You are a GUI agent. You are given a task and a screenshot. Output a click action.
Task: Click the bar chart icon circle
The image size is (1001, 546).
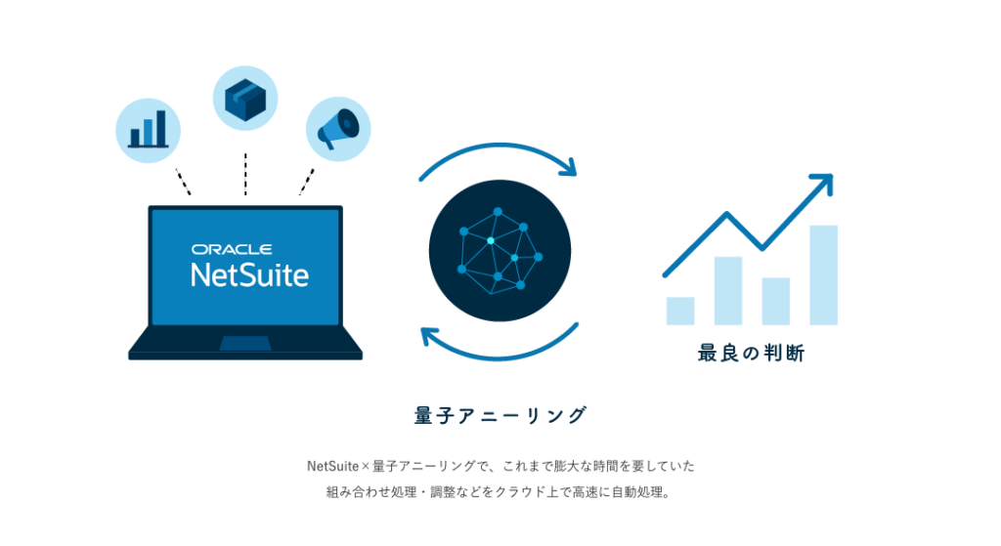tap(149, 129)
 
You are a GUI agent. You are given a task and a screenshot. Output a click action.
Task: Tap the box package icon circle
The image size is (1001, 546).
tap(245, 100)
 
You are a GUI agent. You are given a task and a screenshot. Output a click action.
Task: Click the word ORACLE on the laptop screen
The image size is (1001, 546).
tap(232, 249)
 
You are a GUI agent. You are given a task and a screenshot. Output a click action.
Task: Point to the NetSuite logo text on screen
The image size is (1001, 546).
tap(249, 273)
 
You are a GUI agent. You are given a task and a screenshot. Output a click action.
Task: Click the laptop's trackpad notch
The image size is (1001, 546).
tap(245, 343)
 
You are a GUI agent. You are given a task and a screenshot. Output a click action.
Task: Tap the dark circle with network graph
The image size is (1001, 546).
tap(500, 251)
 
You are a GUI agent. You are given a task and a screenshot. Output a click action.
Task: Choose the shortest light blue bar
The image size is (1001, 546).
tap(680, 311)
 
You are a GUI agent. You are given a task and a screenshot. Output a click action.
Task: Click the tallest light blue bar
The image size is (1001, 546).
tap(823, 274)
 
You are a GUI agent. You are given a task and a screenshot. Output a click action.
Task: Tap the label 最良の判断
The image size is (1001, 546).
tap(751, 354)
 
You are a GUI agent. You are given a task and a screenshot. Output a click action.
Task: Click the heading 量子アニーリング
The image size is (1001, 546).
tap(500, 415)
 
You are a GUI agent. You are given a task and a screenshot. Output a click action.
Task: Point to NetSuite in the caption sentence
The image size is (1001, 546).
tap(332, 466)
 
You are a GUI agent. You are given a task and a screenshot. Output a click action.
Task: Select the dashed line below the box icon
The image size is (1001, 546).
tap(245, 173)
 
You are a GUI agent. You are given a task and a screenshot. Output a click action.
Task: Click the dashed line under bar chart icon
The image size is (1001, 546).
tap(183, 181)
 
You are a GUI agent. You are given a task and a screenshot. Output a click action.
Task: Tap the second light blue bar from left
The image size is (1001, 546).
tap(728, 290)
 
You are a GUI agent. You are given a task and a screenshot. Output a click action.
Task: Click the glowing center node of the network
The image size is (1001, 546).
tap(491, 239)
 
